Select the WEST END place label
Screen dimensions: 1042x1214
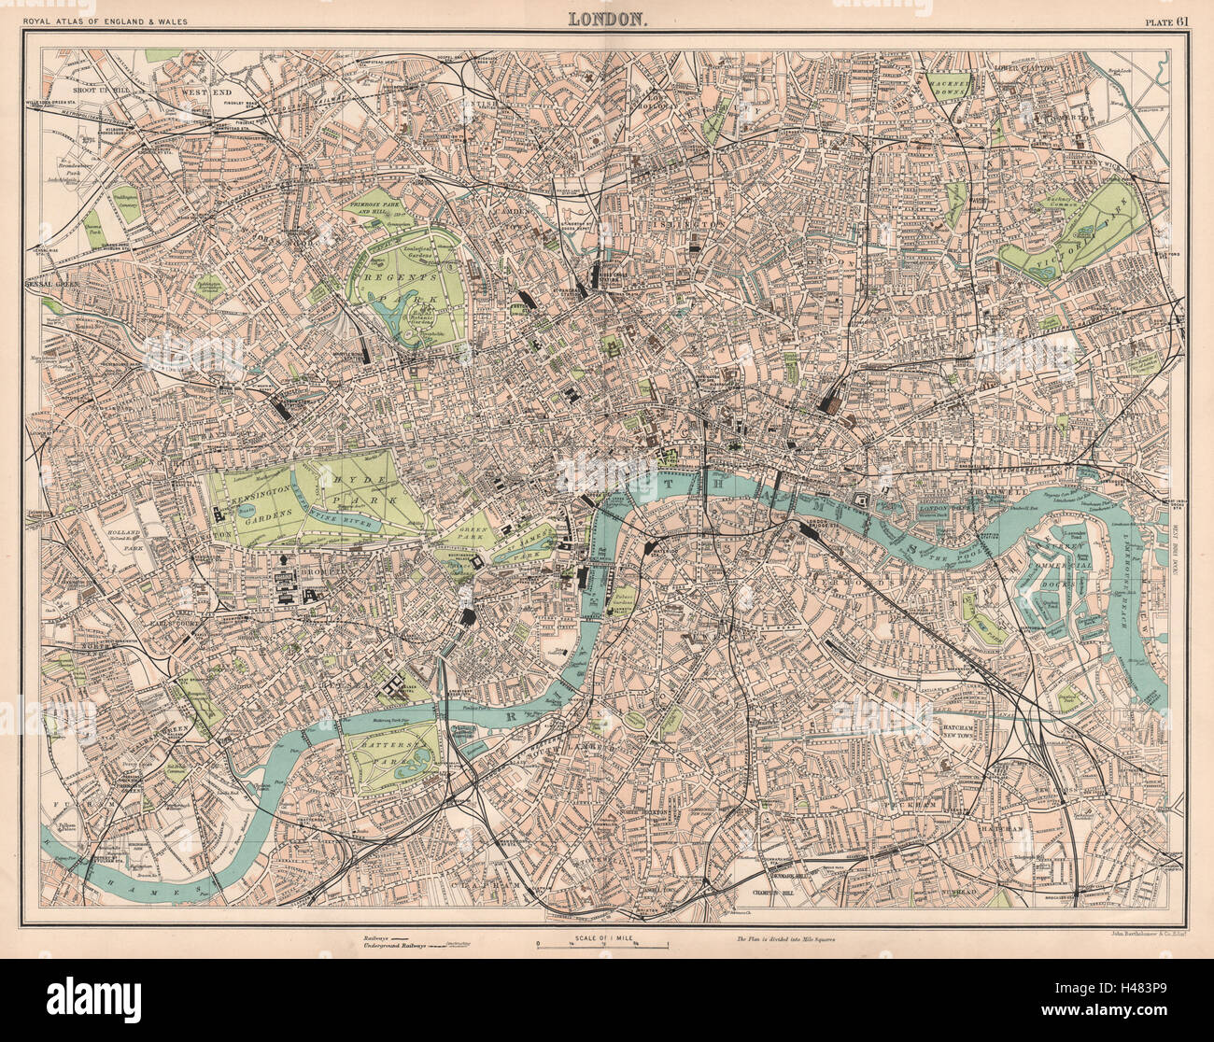click(x=205, y=92)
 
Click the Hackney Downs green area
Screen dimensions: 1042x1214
click(x=952, y=86)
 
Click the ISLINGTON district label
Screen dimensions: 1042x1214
click(x=696, y=224)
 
